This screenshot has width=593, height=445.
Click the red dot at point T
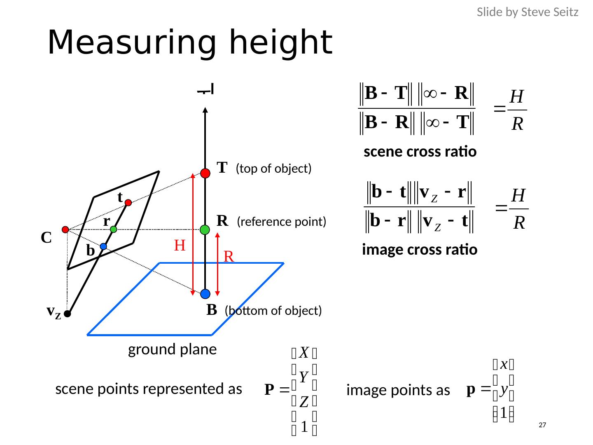205,173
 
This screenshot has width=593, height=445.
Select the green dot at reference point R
205,230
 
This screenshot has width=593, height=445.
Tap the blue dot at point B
205,294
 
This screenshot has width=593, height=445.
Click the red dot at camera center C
65,230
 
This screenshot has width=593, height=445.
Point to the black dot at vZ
67,314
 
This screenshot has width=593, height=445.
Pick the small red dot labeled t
128,203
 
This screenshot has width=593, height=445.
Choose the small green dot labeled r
114,230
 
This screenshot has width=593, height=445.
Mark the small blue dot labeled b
103,246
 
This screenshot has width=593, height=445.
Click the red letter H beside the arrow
180,246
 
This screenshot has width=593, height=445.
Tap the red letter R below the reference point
229,257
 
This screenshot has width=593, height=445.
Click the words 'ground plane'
172,349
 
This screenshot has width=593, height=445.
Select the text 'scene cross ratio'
420,152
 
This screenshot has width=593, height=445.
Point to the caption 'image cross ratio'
420,250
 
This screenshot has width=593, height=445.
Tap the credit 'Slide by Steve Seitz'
528,12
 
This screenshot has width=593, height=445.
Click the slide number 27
542,425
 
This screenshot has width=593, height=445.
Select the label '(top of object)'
273,169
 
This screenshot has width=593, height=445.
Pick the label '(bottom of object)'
273,311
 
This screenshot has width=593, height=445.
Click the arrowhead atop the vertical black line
205,110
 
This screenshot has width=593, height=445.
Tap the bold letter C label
46,238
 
